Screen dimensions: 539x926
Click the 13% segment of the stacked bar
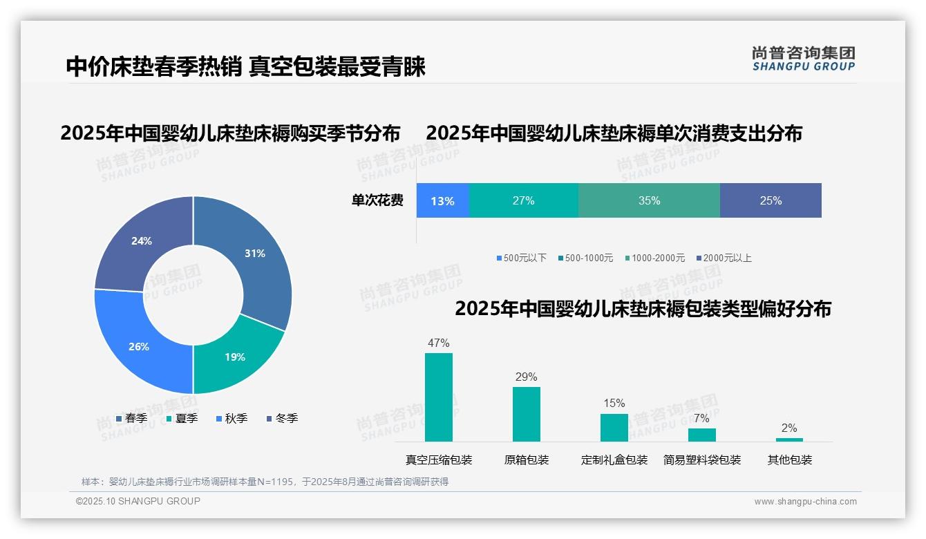pyautogui.click(x=442, y=201)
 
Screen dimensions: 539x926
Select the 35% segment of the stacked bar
pyautogui.click(x=649, y=201)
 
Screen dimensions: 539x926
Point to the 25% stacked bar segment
pyautogui.click(x=771, y=201)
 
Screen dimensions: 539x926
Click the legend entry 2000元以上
pyautogui.click(x=724, y=258)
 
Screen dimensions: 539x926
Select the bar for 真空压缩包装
pyautogui.click(x=439, y=397)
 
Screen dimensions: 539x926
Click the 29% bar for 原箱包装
pyautogui.click(x=527, y=414)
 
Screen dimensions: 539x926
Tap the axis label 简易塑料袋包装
pyautogui.click(x=702, y=460)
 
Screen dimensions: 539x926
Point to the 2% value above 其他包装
pyautogui.click(x=789, y=428)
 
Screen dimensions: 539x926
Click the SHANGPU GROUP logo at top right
pyautogui.click(x=803, y=59)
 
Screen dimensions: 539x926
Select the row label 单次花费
pyautogui.click(x=377, y=201)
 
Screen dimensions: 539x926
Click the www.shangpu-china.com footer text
pyautogui.click(x=805, y=502)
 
